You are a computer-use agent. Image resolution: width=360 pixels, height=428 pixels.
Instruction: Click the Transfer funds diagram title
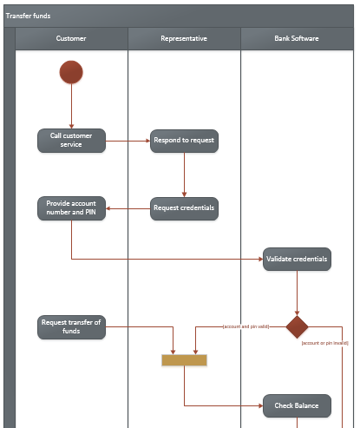tap(28, 16)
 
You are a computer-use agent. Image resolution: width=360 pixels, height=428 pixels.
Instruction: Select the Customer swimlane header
tap(71, 39)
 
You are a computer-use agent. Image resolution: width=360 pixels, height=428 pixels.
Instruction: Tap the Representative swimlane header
tap(184, 39)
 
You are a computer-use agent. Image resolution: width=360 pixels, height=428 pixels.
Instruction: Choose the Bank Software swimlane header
tap(296, 39)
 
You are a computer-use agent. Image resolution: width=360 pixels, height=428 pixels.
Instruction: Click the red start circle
tap(71, 73)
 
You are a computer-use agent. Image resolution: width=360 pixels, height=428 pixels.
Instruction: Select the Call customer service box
tap(71, 140)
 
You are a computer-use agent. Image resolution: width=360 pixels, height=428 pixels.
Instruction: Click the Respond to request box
tap(184, 140)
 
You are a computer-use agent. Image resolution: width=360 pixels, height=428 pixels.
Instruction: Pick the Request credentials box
tap(184, 207)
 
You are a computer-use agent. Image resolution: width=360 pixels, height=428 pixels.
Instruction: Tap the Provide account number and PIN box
tap(71, 207)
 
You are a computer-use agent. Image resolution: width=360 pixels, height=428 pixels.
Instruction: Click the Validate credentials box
tap(297, 260)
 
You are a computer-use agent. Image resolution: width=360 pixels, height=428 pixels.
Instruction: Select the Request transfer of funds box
tap(71, 326)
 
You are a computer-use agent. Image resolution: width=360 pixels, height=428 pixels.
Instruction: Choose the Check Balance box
tap(297, 405)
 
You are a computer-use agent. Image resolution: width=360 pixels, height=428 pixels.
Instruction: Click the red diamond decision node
tap(298, 327)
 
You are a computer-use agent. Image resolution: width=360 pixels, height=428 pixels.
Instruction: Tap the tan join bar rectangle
tap(184, 359)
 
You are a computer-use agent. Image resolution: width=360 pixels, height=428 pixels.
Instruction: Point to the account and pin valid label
tap(245, 326)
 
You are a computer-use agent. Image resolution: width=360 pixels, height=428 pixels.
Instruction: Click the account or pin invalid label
tap(324, 343)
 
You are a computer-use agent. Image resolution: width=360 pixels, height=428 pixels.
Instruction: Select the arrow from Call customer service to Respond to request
tap(128, 140)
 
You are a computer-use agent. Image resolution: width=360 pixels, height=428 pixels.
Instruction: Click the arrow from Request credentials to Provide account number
tap(128, 207)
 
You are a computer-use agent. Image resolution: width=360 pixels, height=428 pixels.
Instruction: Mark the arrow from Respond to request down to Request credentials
tap(184, 174)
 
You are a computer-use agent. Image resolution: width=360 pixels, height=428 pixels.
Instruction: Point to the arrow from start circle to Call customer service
tap(71, 107)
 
